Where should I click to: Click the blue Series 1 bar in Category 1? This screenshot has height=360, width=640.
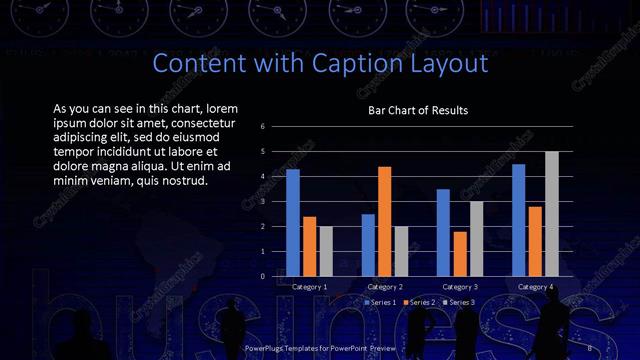click(x=293, y=222)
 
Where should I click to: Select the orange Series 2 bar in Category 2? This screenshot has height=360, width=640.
click(x=385, y=221)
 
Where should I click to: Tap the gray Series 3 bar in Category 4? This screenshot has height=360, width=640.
click(x=551, y=213)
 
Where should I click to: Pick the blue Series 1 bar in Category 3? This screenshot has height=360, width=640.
click(x=443, y=232)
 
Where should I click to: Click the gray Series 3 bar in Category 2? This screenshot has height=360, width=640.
click(x=401, y=251)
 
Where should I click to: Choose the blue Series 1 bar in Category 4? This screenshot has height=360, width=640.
click(x=519, y=220)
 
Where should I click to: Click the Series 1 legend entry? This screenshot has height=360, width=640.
click(x=381, y=302)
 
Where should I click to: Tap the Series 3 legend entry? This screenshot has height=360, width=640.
click(x=458, y=302)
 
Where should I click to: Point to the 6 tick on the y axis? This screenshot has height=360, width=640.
click(x=262, y=127)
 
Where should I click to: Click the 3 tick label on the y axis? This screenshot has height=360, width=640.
click(x=262, y=202)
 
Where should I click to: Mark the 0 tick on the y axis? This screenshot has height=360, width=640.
click(x=262, y=276)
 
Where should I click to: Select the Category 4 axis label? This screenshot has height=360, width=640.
click(x=535, y=287)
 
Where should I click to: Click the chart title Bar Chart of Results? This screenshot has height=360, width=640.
click(x=418, y=110)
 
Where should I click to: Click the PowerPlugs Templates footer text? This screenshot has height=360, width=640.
click(x=319, y=348)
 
